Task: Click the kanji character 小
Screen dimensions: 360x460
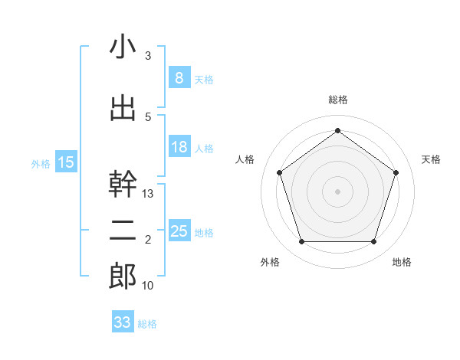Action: click(x=123, y=47)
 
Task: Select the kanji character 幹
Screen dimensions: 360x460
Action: click(x=123, y=184)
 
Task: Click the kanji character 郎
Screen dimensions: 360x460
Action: click(x=123, y=277)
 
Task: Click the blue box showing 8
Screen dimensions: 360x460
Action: click(x=179, y=77)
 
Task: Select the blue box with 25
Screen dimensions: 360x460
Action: click(x=179, y=231)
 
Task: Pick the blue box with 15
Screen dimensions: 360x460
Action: click(x=66, y=162)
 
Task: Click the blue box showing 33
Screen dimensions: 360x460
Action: click(x=122, y=322)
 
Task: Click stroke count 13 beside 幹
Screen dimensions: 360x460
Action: click(x=148, y=194)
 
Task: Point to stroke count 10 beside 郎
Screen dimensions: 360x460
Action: click(x=148, y=286)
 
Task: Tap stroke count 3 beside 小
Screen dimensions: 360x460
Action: click(x=148, y=56)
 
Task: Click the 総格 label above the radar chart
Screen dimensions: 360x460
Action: click(x=337, y=100)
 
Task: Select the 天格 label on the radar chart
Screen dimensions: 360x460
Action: click(x=431, y=159)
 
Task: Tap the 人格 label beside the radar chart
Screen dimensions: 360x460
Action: click(x=245, y=159)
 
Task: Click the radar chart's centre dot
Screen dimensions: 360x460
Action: click(x=337, y=191)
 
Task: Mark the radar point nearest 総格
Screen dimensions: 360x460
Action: click(x=337, y=130)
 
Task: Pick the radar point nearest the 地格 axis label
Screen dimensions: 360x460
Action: click(x=373, y=242)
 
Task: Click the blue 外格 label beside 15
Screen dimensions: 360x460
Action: click(x=40, y=162)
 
